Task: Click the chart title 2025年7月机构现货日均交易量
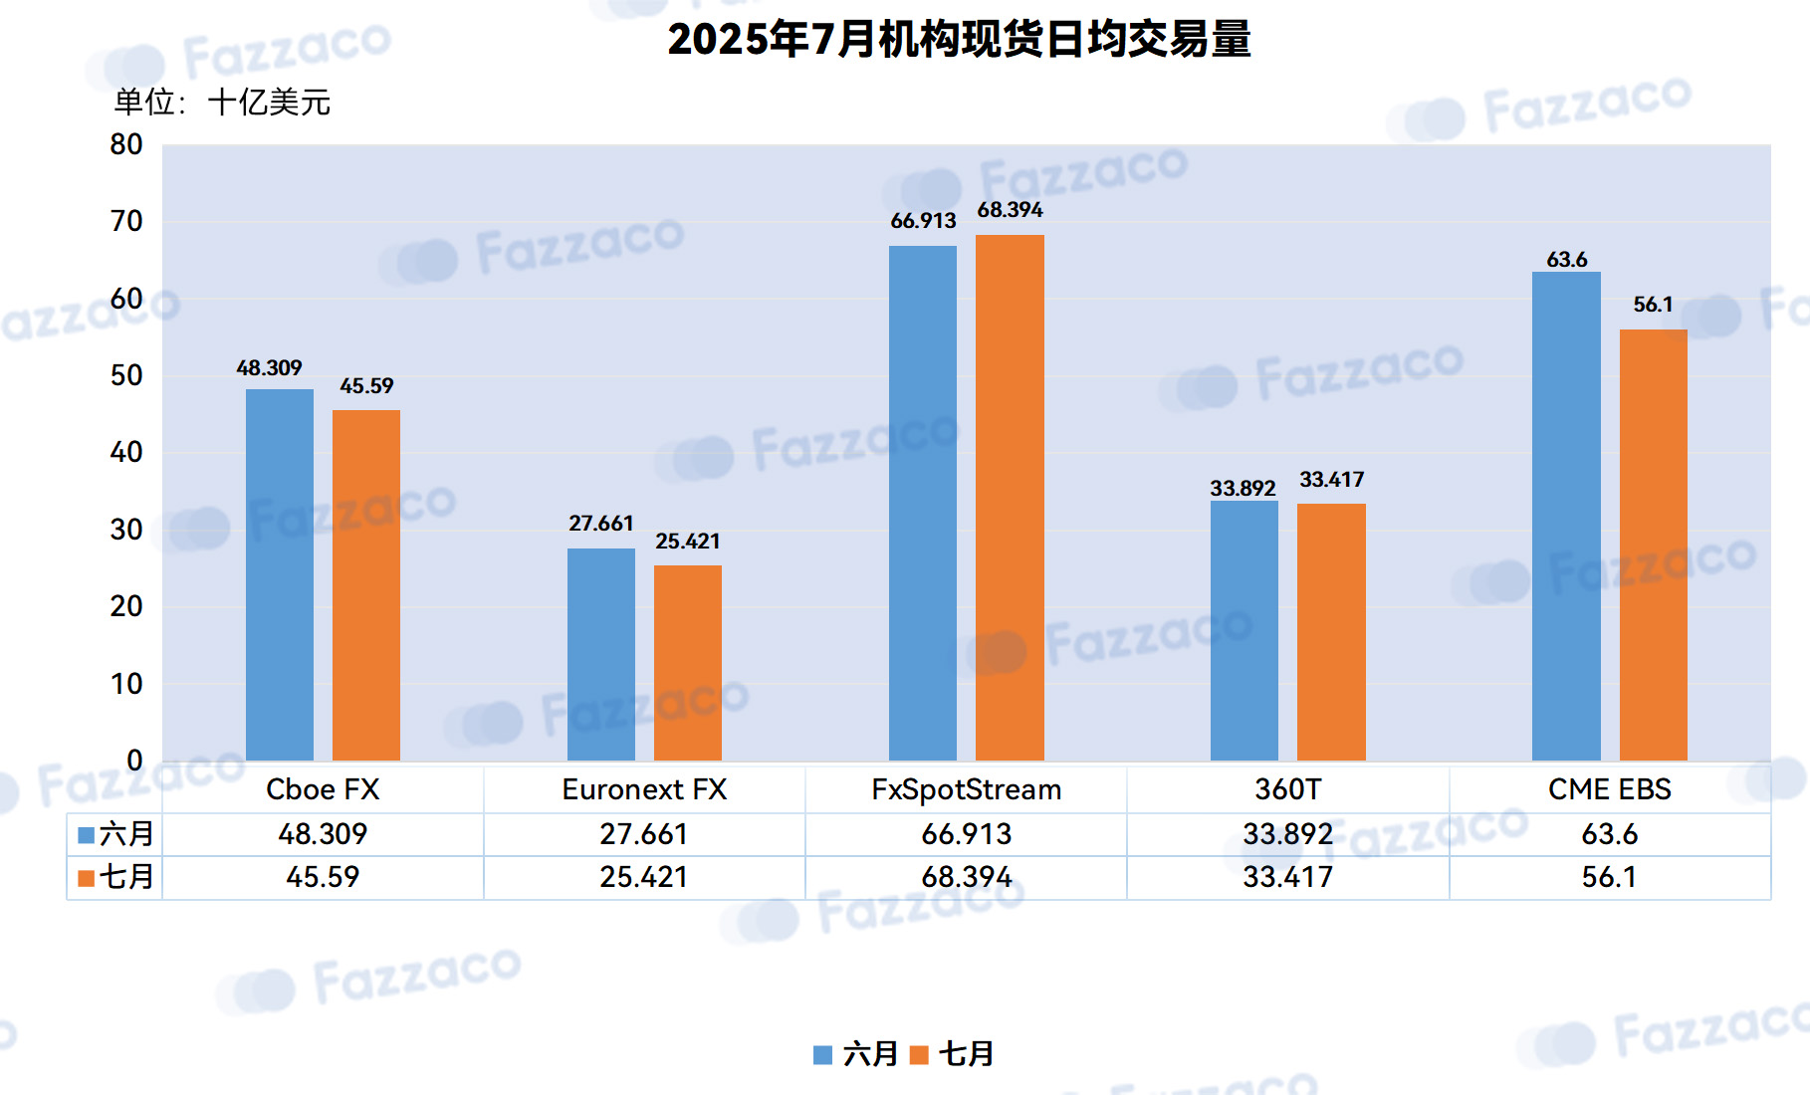(959, 39)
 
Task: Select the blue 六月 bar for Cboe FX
(280, 574)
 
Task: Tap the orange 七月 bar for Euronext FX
(688, 663)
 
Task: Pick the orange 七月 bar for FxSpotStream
(1010, 498)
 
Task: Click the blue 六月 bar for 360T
(1244, 630)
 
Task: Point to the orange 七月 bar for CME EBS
(1654, 545)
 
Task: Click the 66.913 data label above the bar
(923, 221)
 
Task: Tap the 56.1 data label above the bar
(1653, 305)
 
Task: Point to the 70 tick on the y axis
(126, 221)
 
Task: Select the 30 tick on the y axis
(126, 530)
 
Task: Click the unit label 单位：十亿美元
(222, 102)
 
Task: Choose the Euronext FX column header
(644, 789)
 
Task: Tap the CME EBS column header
(1610, 789)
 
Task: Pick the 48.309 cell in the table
(323, 833)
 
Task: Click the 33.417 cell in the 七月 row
(1287, 877)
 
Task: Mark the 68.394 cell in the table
(966, 877)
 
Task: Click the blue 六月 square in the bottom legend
(822, 1055)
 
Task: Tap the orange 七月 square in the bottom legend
(919, 1055)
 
